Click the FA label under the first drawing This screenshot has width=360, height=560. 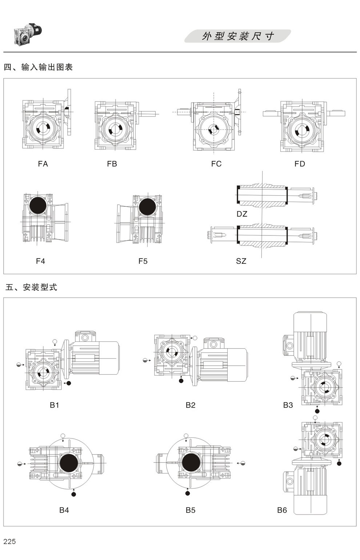point(43,164)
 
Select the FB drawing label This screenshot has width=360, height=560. point(112,164)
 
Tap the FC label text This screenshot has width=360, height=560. point(216,164)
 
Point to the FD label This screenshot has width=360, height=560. point(300,164)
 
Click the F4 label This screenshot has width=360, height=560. point(40,261)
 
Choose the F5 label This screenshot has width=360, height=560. point(143,261)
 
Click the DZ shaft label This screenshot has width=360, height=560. point(242,214)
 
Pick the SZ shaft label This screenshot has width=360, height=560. point(241,261)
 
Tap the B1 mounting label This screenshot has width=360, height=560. point(55,405)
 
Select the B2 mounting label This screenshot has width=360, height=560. point(191,405)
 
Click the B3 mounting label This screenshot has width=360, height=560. point(288,405)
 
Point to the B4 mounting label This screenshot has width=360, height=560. point(64,510)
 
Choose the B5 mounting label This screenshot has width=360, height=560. point(191,510)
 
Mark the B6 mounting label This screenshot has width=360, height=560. point(282,510)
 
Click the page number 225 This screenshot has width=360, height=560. point(10,541)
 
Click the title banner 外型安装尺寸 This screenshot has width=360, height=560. point(238,36)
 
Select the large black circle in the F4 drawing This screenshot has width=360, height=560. point(38,206)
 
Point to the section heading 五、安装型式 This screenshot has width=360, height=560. point(31,287)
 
